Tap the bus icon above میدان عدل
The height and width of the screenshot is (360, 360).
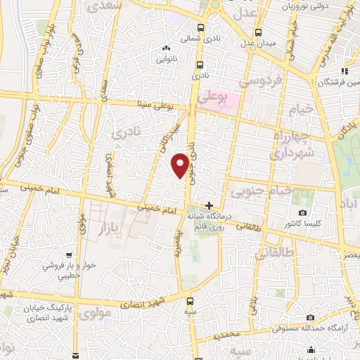point(259,32)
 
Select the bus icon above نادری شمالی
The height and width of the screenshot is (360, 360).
point(201,28)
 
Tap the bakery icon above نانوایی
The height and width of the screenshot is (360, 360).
point(166,49)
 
